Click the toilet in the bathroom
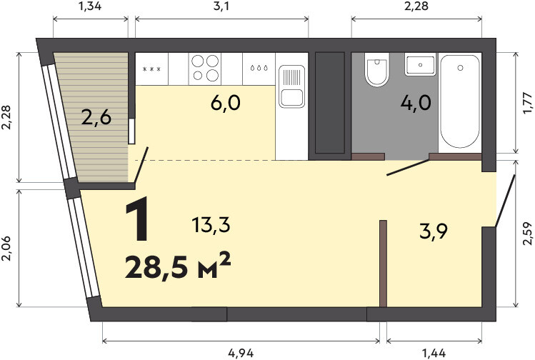377,69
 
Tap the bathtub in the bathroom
460,101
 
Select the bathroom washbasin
420,64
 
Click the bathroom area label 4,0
416,103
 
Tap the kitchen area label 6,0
226,103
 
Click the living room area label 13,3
211,225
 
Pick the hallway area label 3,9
434,232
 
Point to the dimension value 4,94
241,353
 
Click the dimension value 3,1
221,6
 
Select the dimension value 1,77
527,103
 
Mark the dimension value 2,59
527,234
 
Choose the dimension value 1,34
90,6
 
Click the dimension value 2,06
6,249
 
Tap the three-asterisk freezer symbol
151,69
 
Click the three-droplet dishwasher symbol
259,69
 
